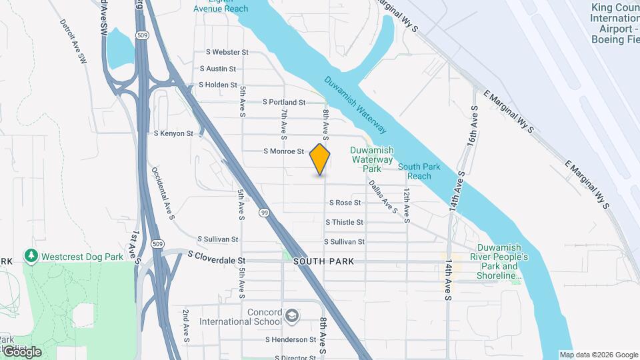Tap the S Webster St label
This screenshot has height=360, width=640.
pyautogui.click(x=227, y=51)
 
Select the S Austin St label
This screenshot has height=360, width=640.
pyautogui.click(x=217, y=69)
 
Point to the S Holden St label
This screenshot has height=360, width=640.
pyautogui.click(x=218, y=85)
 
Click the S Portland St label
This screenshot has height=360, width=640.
pyautogui.click(x=283, y=103)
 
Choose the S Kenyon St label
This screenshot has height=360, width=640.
pyautogui.click(x=173, y=134)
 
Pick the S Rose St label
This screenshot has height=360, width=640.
pyautogui.click(x=344, y=203)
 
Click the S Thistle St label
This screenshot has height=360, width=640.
pyautogui.click(x=344, y=222)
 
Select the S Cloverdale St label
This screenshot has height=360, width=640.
pyautogui.click(x=217, y=254)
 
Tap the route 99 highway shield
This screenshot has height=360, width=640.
pyautogui.click(x=265, y=213)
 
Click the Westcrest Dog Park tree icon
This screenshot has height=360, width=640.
pyautogui.click(x=31, y=256)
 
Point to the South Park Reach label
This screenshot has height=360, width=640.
pyautogui.click(x=419, y=171)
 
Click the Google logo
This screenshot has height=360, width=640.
pyautogui.click(x=21, y=352)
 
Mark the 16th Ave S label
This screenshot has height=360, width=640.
pyautogui.click(x=473, y=127)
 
